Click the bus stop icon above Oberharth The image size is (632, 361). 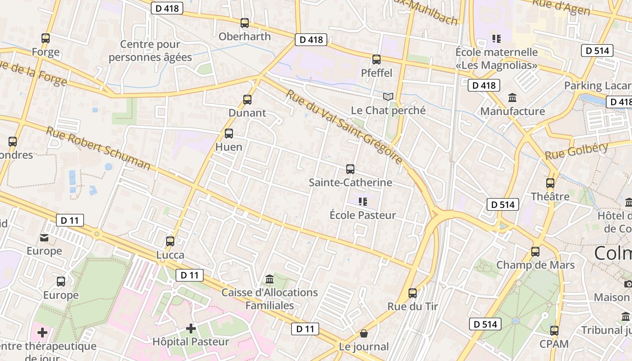pyautogui.click(x=245, y=23)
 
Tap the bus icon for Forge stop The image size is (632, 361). pyautogui.click(x=46, y=38)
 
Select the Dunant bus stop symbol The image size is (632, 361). pyautogui.click(x=247, y=100)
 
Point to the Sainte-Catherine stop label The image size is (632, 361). pyautogui.click(x=350, y=182)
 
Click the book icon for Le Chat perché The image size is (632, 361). pyautogui.click(x=388, y=97)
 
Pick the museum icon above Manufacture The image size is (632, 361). pyautogui.click(x=513, y=98)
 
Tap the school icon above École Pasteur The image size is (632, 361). pyautogui.click(x=362, y=202)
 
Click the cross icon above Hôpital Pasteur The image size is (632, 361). pyautogui.click(x=191, y=329)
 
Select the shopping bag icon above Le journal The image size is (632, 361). pyautogui.click(x=364, y=333)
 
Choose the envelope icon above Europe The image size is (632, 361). pyautogui.click(x=44, y=237)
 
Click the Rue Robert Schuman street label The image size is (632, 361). pyautogui.click(x=98, y=148)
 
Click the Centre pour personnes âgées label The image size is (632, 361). pyautogui.click(x=150, y=51)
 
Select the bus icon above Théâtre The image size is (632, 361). pyautogui.click(x=550, y=183)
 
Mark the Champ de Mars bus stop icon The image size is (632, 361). pyautogui.click(x=535, y=252)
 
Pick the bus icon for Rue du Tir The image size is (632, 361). pyautogui.click(x=413, y=293)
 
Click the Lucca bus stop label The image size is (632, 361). pyautogui.click(x=170, y=255)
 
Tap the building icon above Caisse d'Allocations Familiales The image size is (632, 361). pyautogui.click(x=270, y=279)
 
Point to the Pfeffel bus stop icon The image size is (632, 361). pyautogui.click(x=376, y=60)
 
